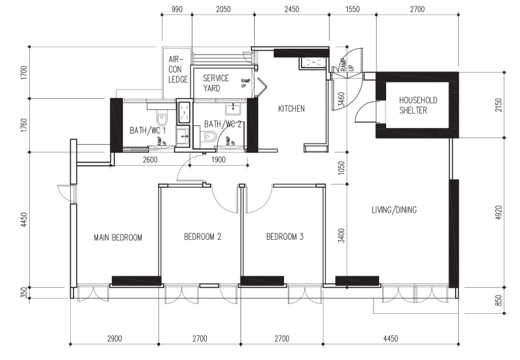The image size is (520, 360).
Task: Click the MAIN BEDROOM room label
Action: point(118,237)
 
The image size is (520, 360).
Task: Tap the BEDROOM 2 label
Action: point(202,237)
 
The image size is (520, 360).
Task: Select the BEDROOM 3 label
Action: point(285,237)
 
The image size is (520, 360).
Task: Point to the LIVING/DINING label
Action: point(394,209)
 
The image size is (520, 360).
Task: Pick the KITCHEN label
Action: point(291,109)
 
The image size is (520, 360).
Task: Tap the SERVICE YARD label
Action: point(216,83)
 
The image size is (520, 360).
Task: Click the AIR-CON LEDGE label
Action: point(177,70)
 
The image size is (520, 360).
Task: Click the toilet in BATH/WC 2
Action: point(209,136)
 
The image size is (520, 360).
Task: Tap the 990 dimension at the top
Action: point(177,9)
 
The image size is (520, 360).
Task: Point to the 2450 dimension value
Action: point(291,9)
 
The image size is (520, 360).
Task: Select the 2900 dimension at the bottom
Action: point(114,339)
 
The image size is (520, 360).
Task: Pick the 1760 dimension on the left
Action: point(24,125)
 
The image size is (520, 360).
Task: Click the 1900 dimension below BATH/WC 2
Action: point(218,160)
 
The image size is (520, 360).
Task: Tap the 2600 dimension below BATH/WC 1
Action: point(150,160)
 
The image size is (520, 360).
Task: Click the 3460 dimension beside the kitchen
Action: point(341,99)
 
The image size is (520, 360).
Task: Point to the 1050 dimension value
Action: point(342,168)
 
